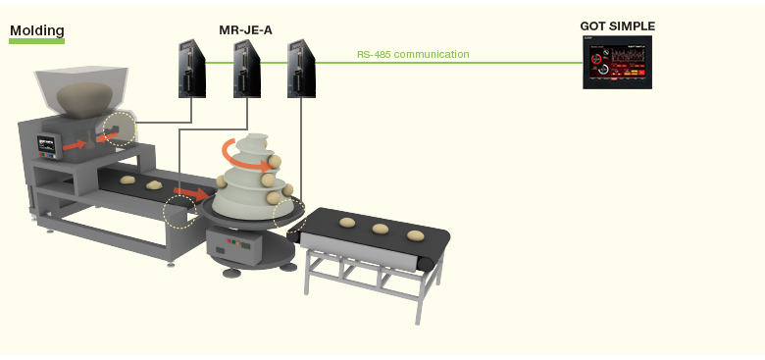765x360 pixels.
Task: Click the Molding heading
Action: point(37,30)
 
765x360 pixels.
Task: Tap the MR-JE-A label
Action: point(245,30)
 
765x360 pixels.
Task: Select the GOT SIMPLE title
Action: point(617,26)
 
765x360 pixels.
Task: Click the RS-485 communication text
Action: point(413,54)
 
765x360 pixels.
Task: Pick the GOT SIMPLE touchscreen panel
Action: point(617,63)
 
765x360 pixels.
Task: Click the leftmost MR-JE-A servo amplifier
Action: point(191,69)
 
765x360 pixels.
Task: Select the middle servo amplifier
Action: point(246,69)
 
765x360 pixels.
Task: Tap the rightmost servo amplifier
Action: point(301,69)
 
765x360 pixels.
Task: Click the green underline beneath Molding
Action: point(36,41)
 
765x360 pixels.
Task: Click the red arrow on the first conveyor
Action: point(191,193)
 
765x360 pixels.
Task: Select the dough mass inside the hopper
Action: point(84,99)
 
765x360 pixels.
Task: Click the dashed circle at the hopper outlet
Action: point(120,129)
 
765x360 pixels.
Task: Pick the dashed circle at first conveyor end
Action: point(179,212)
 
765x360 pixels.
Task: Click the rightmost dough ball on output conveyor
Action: point(416,235)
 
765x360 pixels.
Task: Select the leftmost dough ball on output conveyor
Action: point(347,223)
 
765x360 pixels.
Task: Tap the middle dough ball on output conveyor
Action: point(381,229)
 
